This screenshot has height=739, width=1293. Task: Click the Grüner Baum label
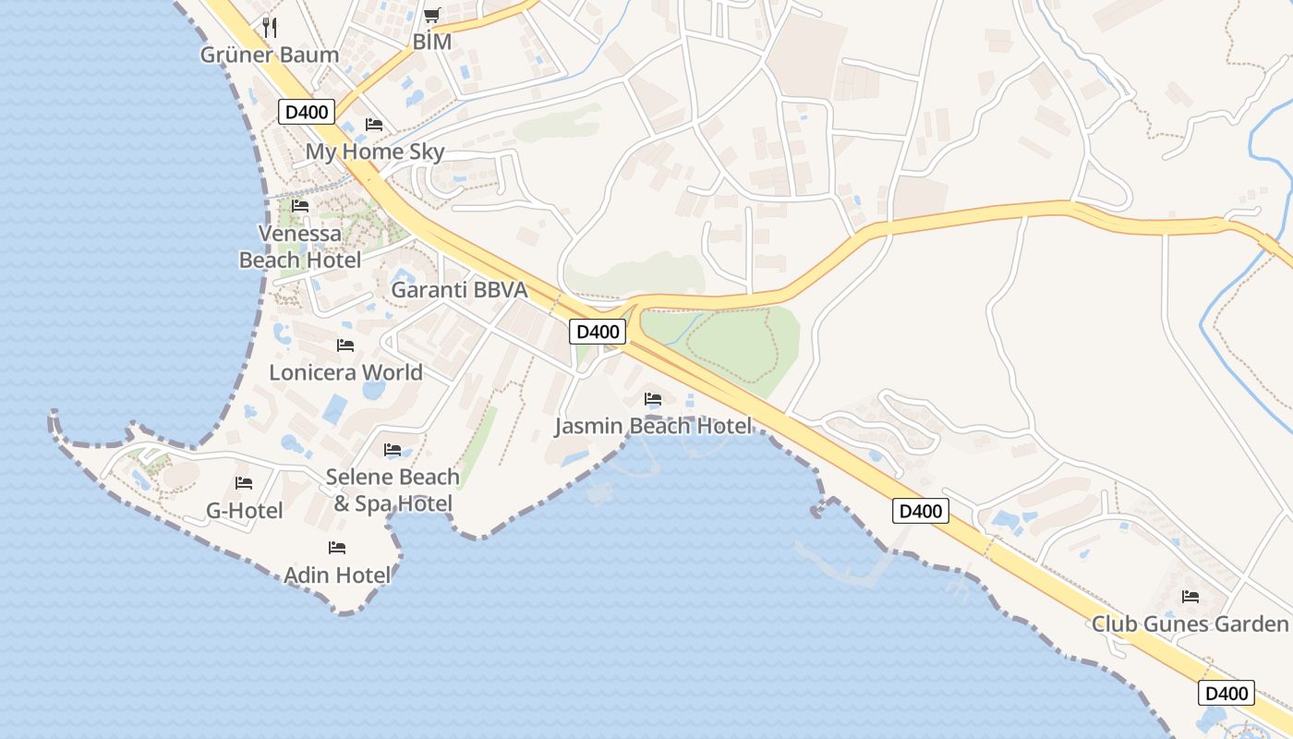[270, 55]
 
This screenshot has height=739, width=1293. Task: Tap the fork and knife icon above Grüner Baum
[270, 27]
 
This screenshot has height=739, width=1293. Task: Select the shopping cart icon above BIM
[431, 15]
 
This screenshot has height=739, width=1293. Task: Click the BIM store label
[431, 42]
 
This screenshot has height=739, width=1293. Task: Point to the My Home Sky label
[375, 151]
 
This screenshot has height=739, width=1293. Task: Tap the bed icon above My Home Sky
[374, 124]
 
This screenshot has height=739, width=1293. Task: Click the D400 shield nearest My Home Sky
[306, 113]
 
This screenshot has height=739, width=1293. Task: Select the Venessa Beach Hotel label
[300, 247]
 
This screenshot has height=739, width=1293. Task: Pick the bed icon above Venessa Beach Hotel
[300, 205]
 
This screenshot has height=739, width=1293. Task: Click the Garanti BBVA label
[459, 290]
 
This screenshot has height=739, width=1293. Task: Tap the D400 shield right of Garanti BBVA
[598, 332]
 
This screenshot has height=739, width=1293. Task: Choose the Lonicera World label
[345, 372]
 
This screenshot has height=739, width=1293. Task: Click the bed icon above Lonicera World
[345, 345]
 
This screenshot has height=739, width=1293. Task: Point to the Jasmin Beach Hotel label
[653, 426]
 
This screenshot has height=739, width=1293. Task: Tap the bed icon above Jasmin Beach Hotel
[653, 399]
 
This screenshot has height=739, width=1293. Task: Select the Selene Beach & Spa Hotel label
[393, 490]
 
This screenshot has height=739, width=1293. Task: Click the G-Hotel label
[244, 510]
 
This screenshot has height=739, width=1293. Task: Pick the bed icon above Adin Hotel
[337, 548]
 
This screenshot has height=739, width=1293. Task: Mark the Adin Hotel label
[337, 575]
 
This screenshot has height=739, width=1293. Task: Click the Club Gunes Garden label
[1190, 624]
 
